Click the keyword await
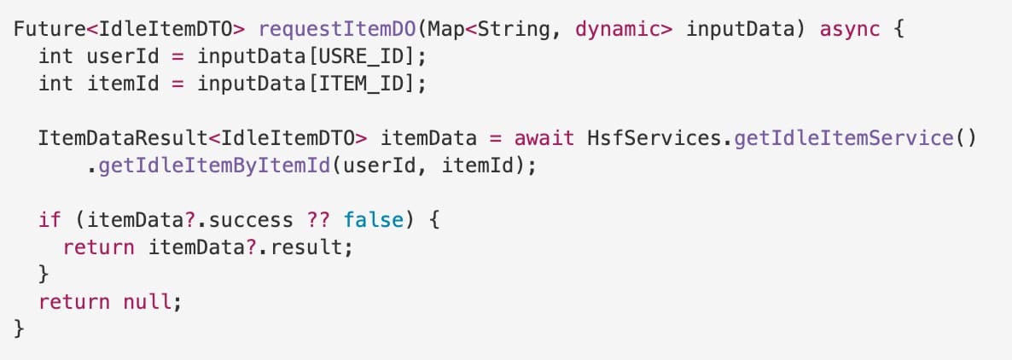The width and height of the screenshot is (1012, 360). click(544, 139)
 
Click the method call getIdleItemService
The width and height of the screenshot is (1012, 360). click(844, 139)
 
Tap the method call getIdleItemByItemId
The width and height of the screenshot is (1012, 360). click(214, 166)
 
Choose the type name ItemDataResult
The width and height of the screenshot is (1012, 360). click(123, 139)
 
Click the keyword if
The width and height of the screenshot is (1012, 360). click(49, 220)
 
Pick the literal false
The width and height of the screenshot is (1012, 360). click(374, 220)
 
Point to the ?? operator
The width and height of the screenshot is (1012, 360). click(318, 220)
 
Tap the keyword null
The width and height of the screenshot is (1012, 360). click(148, 301)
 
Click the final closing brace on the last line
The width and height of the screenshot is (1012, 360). click(19, 328)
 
